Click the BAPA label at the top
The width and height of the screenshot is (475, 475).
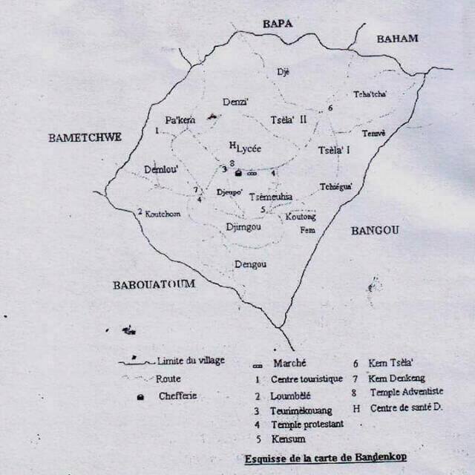tap(278, 24)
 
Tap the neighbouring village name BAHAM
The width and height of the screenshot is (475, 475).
tap(397, 39)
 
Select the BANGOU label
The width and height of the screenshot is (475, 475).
tap(375, 231)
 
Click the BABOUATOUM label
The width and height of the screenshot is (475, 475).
tap(154, 284)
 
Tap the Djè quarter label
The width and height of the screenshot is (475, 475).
tap(283, 72)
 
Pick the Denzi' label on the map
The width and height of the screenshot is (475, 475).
tap(235, 102)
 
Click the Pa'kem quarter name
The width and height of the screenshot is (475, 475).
tap(180, 120)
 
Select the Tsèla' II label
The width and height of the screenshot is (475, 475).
tap(289, 121)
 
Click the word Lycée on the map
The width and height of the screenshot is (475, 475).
tap(249, 148)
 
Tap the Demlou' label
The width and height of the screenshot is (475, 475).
tap(161, 169)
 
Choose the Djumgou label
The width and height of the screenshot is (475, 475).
tap(243, 226)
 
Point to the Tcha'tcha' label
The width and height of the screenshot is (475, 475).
tap(370, 94)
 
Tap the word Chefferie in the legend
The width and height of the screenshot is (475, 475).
tap(178, 396)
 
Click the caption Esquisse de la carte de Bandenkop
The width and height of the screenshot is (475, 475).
tap(325, 458)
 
